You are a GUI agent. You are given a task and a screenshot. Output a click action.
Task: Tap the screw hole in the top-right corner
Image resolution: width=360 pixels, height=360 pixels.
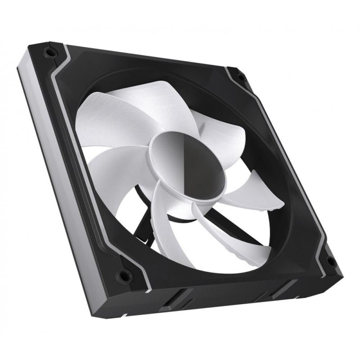click(x=239, y=76)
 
